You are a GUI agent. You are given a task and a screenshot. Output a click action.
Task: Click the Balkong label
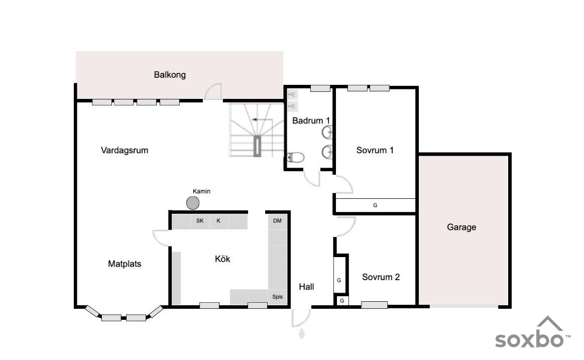pos(170,75)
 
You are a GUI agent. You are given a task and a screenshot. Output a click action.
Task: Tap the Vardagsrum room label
pos(125,151)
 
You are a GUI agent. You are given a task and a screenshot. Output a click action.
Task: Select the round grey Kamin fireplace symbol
pos(193,203)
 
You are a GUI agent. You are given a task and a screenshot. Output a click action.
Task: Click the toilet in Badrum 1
pos(296,158)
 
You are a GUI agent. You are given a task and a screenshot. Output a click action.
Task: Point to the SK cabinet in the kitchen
pos(200,221)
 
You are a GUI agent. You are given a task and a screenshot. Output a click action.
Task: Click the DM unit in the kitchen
pos(278,221)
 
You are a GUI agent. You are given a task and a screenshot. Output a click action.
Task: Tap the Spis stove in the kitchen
pos(278,297)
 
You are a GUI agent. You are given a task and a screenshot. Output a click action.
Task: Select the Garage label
pos(461,227)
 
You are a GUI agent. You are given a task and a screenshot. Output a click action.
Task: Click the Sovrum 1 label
pos(375,151)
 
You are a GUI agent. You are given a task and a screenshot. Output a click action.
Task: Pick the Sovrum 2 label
pos(381,277)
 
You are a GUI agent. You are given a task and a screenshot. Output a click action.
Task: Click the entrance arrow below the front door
pos(302,333)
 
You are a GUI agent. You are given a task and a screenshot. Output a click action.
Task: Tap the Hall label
pos(306,287)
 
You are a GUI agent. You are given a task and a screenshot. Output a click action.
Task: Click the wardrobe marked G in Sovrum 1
pos(376,205)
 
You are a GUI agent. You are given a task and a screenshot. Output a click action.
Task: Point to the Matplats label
pos(125,264)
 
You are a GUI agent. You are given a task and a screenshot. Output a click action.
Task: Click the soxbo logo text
pos(529,339)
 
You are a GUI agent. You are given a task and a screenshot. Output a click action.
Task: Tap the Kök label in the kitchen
pos(222,259)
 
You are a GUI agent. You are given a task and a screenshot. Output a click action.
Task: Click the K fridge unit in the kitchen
pos(218,221)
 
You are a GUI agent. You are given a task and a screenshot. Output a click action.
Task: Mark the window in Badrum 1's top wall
pos(320,88)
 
